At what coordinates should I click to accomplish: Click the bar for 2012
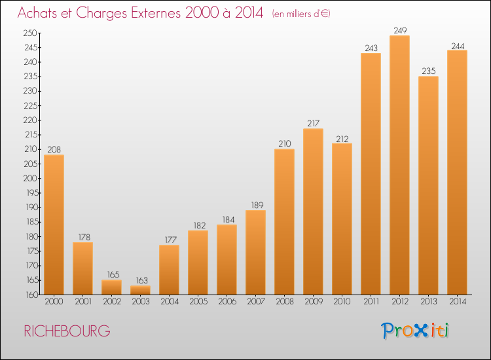[399, 165]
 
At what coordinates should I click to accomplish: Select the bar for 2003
[140, 290]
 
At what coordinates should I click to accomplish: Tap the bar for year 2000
[54, 225]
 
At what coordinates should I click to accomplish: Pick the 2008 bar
[284, 222]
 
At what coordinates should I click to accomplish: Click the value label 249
[400, 30]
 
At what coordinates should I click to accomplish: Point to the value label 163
[141, 280]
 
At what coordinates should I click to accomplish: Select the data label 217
[313, 123]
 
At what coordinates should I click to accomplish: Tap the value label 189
[257, 205]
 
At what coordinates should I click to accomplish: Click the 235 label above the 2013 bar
[429, 71]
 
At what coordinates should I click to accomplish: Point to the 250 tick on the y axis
[30, 33]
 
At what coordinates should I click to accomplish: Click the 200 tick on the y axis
[30, 178]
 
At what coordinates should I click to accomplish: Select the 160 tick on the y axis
[31, 295]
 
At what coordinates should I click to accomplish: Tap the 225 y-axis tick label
[30, 105]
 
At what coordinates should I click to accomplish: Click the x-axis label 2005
[198, 302]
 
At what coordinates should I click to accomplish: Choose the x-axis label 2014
[458, 302]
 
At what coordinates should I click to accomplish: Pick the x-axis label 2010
[342, 302]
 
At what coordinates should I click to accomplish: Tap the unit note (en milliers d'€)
[301, 14]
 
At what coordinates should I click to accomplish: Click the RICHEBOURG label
[67, 331]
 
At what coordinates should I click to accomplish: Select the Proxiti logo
[415, 331]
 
